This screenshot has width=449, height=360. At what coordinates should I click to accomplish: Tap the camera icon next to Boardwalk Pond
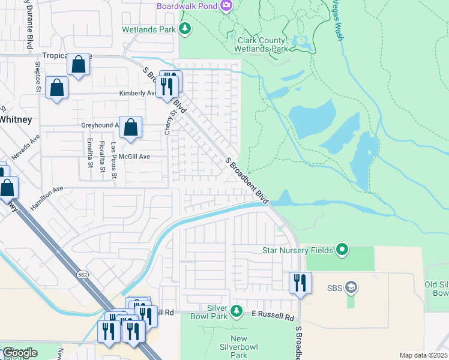[226, 5]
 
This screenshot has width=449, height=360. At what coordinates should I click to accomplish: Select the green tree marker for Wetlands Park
[185, 28]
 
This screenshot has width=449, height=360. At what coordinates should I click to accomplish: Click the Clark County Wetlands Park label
[259, 44]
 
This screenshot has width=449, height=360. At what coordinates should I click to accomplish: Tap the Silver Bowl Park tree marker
[237, 311]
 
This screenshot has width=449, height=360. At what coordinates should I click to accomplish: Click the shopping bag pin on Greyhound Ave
[130, 127]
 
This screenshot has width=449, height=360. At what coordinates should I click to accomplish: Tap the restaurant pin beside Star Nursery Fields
[300, 283]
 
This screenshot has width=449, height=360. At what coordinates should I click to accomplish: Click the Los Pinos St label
[113, 154]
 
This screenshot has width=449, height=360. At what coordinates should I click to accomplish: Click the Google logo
[19, 352]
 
